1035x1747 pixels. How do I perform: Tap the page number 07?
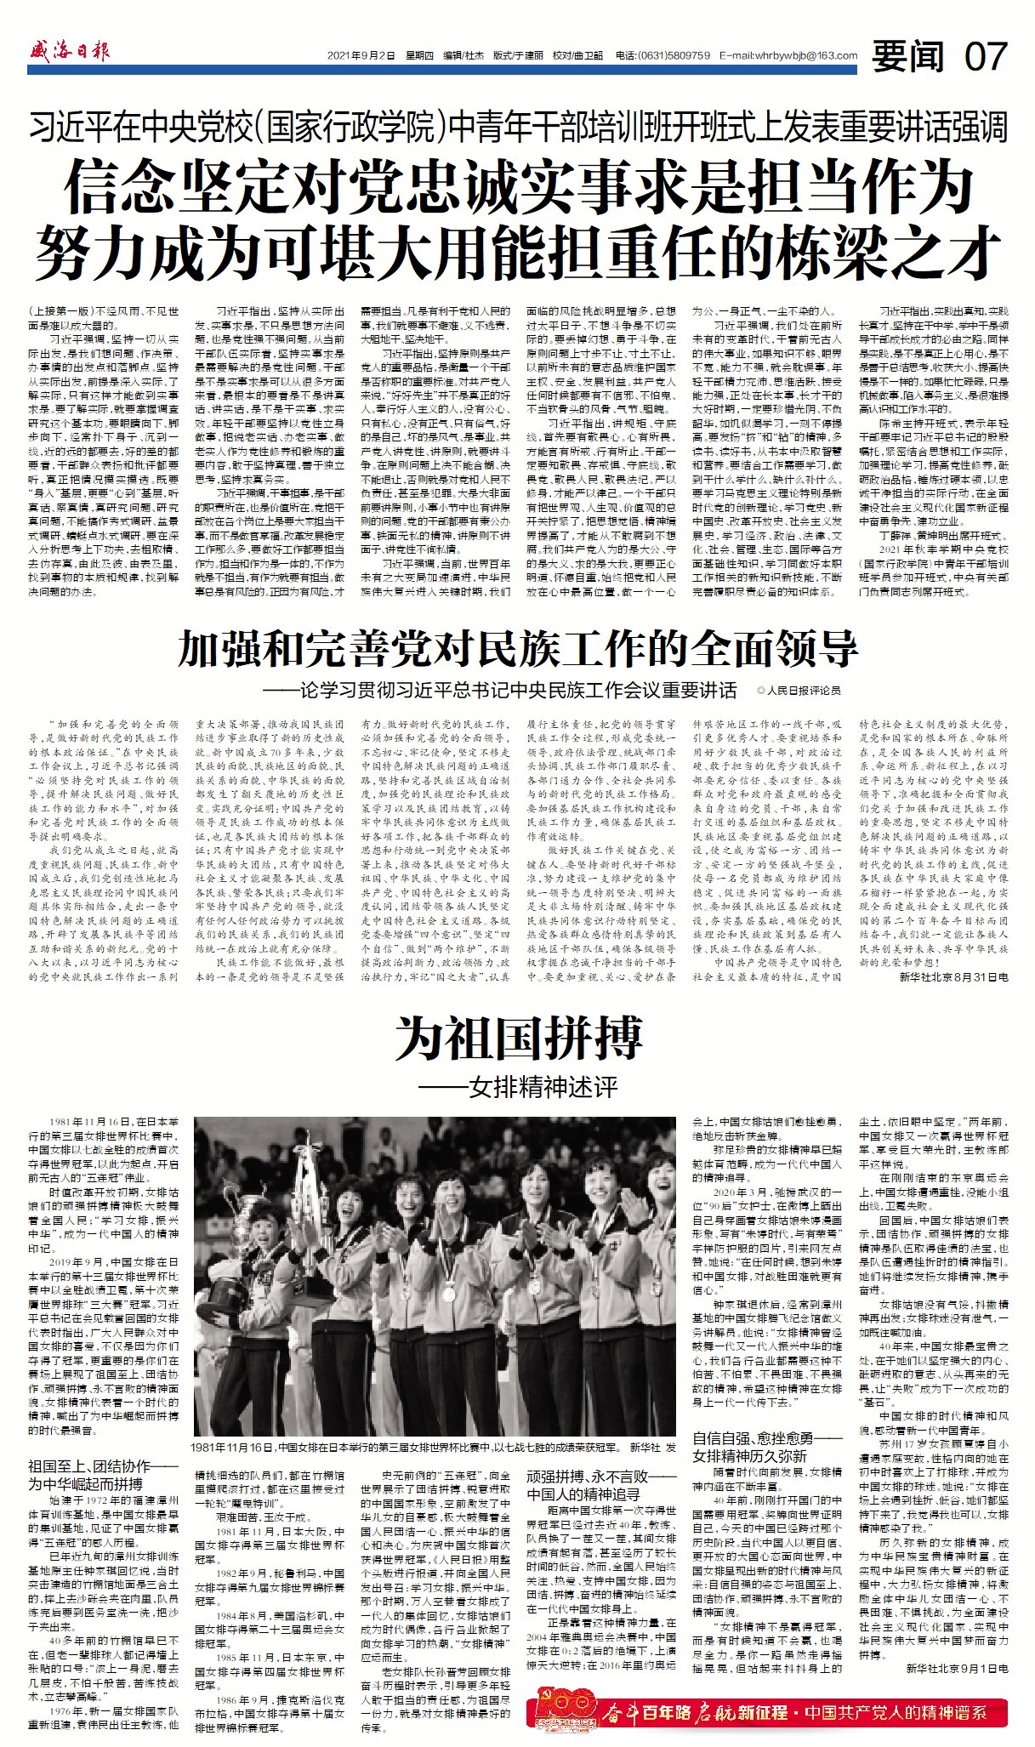pyautogui.click(x=986, y=57)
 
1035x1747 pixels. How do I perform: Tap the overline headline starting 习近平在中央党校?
pyautogui.click(x=517, y=128)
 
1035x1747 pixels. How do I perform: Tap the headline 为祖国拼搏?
pyautogui.click(x=517, y=1037)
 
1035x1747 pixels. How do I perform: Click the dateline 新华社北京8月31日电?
pyautogui.click(x=953, y=978)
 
